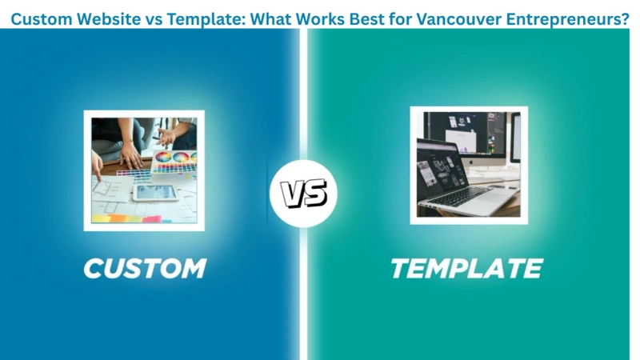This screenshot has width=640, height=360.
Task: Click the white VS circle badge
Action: coord(303,194)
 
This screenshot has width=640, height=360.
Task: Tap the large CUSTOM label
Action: coord(145,268)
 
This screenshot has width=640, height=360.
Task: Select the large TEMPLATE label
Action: coord(466,268)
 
